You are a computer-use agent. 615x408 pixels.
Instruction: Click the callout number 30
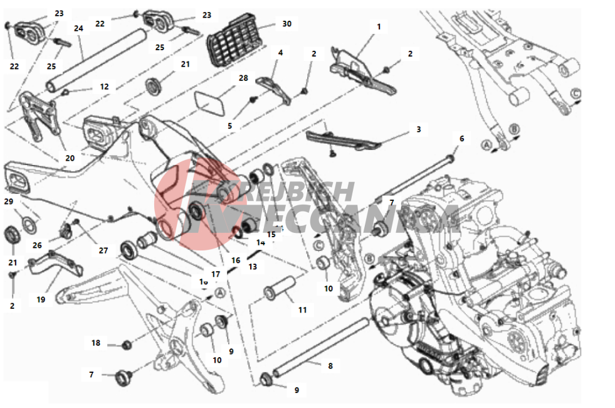pyautogui.click(x=286, y=24)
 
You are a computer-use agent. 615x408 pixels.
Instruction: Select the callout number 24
pyautogui.click(x=78, y=28)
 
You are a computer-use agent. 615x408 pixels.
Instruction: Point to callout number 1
pyautogui.click(x=379, y=27)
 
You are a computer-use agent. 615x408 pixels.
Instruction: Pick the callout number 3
pyautogui.click(x=418, y=129)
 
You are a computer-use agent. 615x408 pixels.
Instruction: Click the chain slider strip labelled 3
pyautogui.click(x=338, y=139)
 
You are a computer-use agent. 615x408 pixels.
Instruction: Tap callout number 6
pyautogui.click(x=462, y=138)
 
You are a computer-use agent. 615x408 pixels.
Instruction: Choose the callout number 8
pyautogui.click(x=330, y=365)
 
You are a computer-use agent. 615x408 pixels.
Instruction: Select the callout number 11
pyautogui.click(x=303, y=310)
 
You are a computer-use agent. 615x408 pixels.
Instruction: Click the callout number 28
pyautogui.click(x=243, y=78)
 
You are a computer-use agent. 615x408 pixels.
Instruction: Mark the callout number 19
pyautogui.click(x=41, y=300)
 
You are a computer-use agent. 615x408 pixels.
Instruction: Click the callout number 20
pyautogui.click(x=70, y=158)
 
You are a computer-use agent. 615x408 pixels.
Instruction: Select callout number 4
pyautogui.click(x=280, y=53)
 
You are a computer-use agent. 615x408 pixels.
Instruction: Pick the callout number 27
pyautogui.click(x=103, y=250)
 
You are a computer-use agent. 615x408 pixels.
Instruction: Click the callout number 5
pyautogui.click(x=230, y=126)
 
